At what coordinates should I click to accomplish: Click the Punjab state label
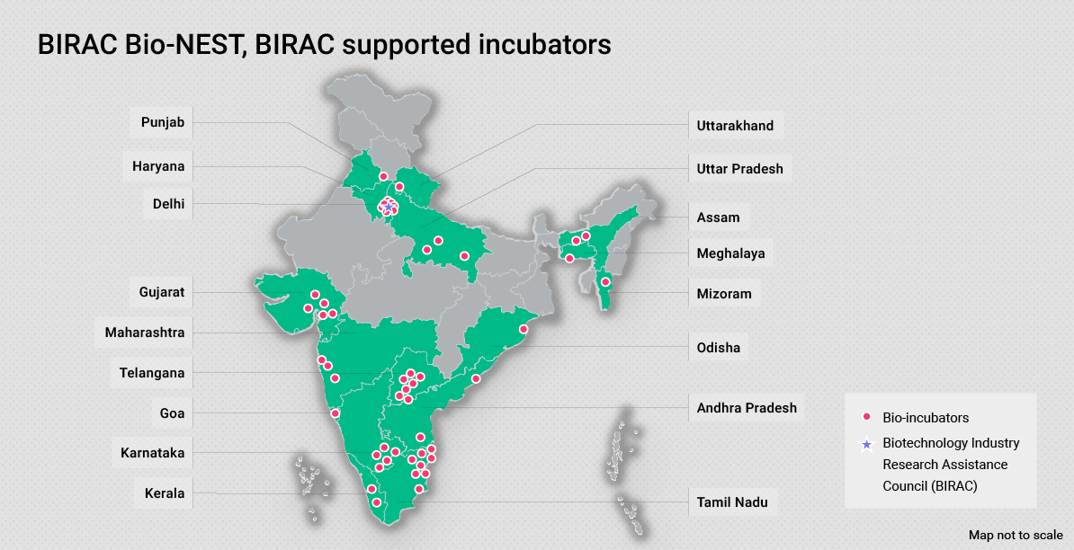point(163,122)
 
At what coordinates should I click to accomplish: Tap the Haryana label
point(158,166)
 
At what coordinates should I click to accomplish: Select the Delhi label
point(168,204)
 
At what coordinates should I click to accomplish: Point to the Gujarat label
point(162,292)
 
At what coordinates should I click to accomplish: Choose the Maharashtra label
point(145,333)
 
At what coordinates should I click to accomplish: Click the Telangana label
point(152,373)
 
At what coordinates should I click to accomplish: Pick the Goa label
point(172,413)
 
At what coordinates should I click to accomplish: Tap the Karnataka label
point(152,453)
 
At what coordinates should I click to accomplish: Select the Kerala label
point(165,493)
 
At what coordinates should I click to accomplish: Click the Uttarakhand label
point(735,126)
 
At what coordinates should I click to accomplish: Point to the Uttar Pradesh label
point(739,169)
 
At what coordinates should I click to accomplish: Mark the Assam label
point(718,217)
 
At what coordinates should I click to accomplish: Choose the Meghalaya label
point(730,253)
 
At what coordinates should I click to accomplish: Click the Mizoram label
point(723,294)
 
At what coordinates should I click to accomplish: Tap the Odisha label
point(718,347)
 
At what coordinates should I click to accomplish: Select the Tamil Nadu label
point(732,502)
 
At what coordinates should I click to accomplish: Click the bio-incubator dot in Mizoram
point(605,282)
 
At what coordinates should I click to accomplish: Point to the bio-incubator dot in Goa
point(336,413)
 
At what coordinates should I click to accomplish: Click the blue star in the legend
point(866,444)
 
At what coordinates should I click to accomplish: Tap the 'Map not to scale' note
point(1016,535)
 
